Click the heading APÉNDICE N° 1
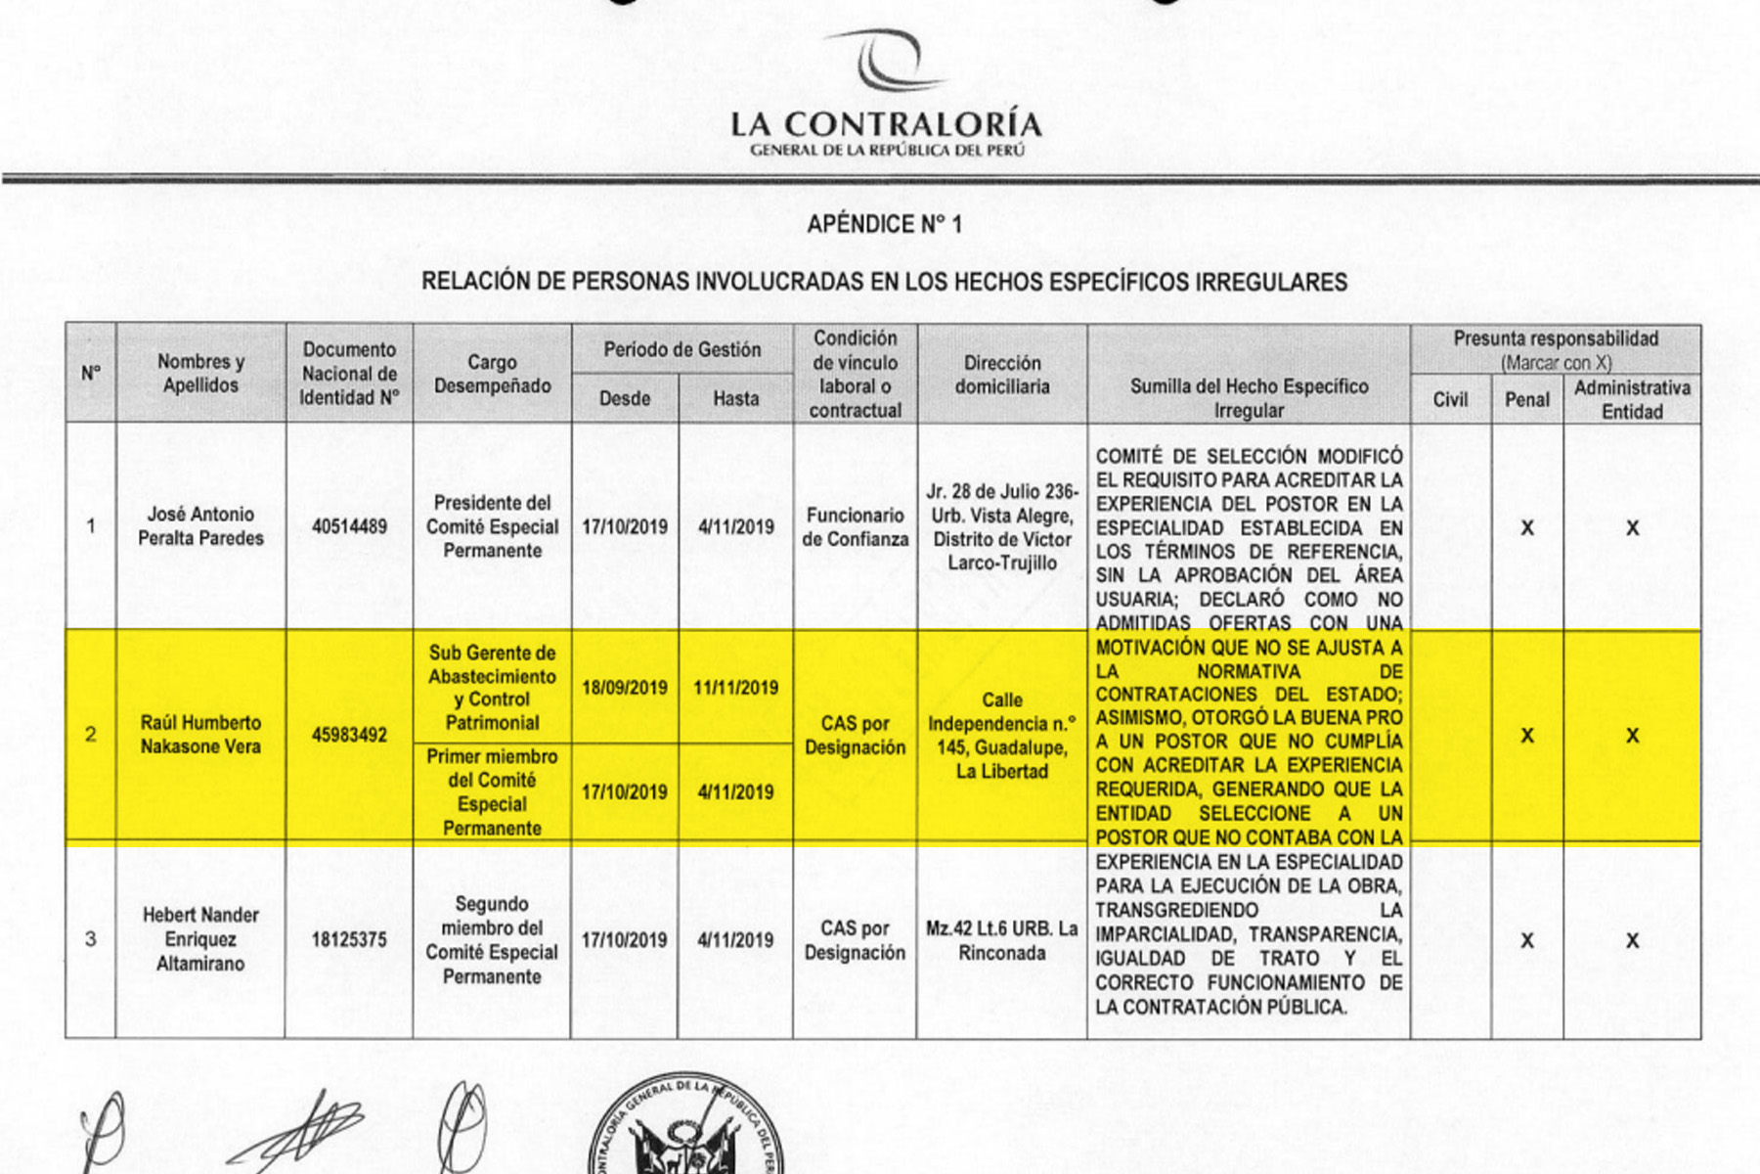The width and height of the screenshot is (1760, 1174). [884, 225]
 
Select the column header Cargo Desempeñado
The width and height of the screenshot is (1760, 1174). [492, 374]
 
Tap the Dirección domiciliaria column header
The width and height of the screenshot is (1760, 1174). [1002, 374]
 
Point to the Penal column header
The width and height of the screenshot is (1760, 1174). [1526, 399]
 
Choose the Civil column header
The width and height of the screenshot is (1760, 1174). [1450, 399]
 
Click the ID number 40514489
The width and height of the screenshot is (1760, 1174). [349, 526]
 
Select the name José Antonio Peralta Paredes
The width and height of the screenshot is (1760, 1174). [200, 525]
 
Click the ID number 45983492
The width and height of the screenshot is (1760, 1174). [349, 735]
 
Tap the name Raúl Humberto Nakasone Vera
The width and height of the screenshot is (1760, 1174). [200, 735]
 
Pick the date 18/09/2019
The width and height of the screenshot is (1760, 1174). [625, 688]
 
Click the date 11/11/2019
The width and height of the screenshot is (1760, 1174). [735, 688]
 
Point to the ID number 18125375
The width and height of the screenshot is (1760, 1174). [349, 940]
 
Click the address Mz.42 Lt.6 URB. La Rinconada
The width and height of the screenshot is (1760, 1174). [1002, 940]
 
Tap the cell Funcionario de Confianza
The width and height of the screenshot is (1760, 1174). [855, 526]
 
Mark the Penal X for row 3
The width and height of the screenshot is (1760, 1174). [1526, 941]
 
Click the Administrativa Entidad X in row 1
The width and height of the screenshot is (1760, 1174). [1632, 528]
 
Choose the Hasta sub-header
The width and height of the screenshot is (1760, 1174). [735, 399]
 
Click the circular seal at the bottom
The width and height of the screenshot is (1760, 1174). [684, 1130]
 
